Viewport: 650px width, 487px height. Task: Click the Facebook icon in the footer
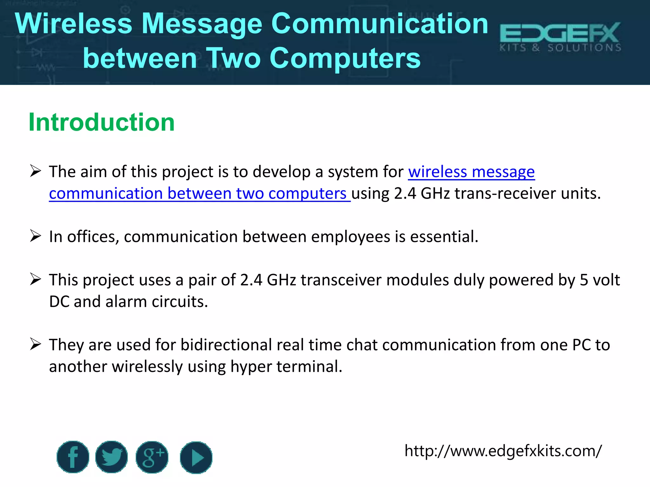pyautogui.click(x=73, y=457)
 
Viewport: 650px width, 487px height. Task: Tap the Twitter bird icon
pyautogui.click(x=111, y=457)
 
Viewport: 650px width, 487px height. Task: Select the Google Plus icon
pyautogui.click(x=152, y=457)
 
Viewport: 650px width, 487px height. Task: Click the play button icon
pyautogui.click(x=196, y=458)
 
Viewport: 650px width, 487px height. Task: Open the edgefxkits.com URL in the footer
pyautogui.click(x=503, y=451)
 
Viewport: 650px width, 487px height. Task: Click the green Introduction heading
pyautogui.click(x=102, y=122)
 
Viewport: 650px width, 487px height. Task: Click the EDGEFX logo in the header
pyautogui.click(x=560, y=37)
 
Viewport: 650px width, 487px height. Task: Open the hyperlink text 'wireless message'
pyautogui.click(x=471, y=172)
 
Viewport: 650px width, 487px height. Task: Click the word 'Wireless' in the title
pyautogui.click(x=73, y=24)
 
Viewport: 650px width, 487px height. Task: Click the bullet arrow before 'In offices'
pyautogui.click(x=36, y=236)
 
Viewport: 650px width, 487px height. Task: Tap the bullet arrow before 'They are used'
pyautogui.click(x=36, y=344)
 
